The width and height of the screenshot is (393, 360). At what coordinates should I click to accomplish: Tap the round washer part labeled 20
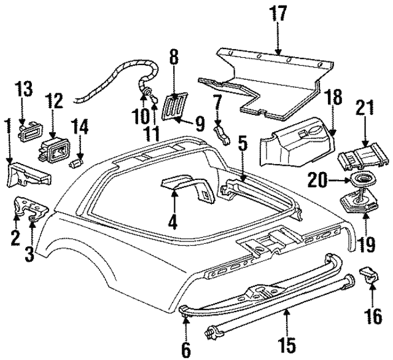point(357,182)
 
